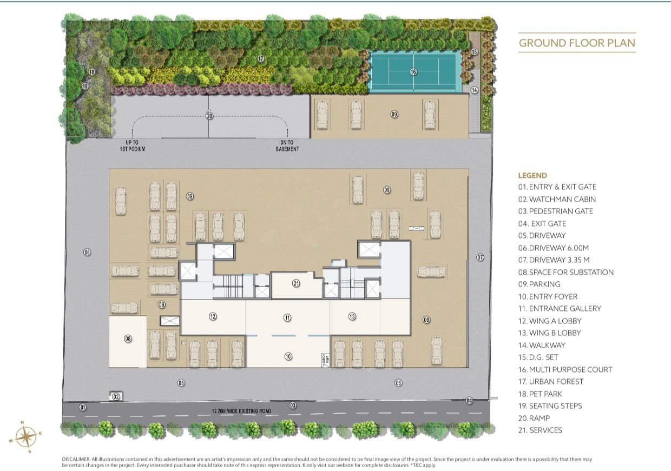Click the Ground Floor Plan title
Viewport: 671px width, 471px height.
click(577, 43)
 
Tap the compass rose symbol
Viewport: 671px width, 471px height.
click(26, 436)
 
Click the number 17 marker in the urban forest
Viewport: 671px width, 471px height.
click(260, 58)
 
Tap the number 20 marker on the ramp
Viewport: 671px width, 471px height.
click(209, 115)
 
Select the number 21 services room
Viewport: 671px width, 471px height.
click(296, 283)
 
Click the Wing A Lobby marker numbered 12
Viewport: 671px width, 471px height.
click(213, 316)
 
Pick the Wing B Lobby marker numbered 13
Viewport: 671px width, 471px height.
click(352, 316)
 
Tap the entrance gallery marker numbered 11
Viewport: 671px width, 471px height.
click(287, 317)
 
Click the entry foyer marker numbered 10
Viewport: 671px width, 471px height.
click(288, 356)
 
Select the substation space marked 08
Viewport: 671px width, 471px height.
click(128, 339)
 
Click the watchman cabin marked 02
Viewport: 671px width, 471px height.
click(116, 396)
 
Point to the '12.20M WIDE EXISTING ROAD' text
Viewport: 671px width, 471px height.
click(245, 412)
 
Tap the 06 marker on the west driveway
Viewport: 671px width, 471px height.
click(87, 253)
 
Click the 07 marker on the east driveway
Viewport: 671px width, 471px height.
click(480, 257)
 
